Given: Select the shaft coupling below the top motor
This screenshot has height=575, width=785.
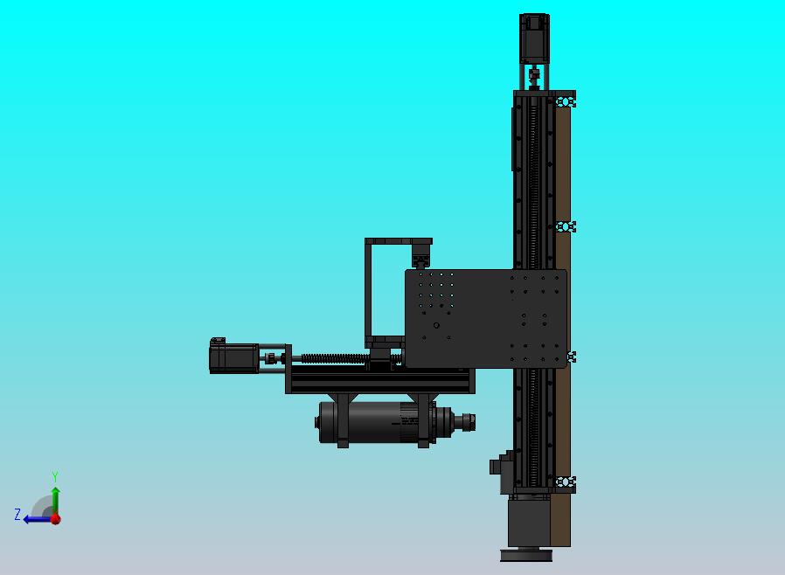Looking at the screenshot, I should point(534,76).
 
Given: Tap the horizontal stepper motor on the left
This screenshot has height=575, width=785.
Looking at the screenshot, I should point(233,357).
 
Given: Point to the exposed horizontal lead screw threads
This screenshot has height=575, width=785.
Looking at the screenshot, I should point(332,357).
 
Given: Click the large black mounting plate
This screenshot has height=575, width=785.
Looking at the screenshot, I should point(486,318).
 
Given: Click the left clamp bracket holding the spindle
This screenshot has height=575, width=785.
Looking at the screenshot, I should point(342,420).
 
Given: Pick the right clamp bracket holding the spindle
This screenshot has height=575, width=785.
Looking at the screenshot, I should point(424,420).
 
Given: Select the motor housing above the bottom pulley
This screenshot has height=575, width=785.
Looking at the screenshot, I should point(528,521).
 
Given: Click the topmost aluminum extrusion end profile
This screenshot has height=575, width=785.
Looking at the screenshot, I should point(566,100).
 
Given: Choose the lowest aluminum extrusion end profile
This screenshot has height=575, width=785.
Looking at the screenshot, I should point(566,482).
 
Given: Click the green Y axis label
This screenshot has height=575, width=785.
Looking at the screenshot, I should point(55,477).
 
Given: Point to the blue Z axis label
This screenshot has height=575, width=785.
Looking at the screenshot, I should point(17,516).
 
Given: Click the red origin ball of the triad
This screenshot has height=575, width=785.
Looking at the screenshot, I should point(55,518).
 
